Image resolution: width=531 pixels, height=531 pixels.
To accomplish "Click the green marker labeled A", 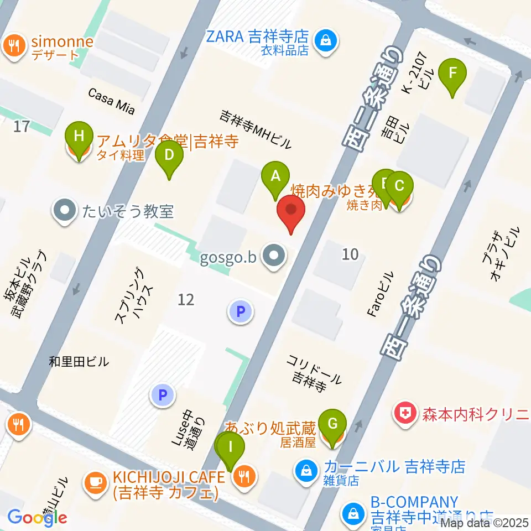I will tap(275, 177).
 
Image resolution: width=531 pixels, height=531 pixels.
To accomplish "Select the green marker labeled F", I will tap(452, 74).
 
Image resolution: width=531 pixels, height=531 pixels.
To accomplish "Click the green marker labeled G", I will tap(332, 424).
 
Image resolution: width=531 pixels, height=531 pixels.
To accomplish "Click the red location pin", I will tap(291, 212).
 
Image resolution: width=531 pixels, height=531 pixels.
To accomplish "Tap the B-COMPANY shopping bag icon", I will tap(352, 512).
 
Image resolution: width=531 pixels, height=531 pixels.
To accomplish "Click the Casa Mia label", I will tap(111, 101).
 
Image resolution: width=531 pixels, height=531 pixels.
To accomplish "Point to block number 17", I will tap(21, 127).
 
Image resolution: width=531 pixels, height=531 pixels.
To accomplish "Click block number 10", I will tap(350, 254).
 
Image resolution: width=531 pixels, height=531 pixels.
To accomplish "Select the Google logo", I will tap(37, 518).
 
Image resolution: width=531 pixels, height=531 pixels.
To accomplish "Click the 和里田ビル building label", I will tap(79, 362).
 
